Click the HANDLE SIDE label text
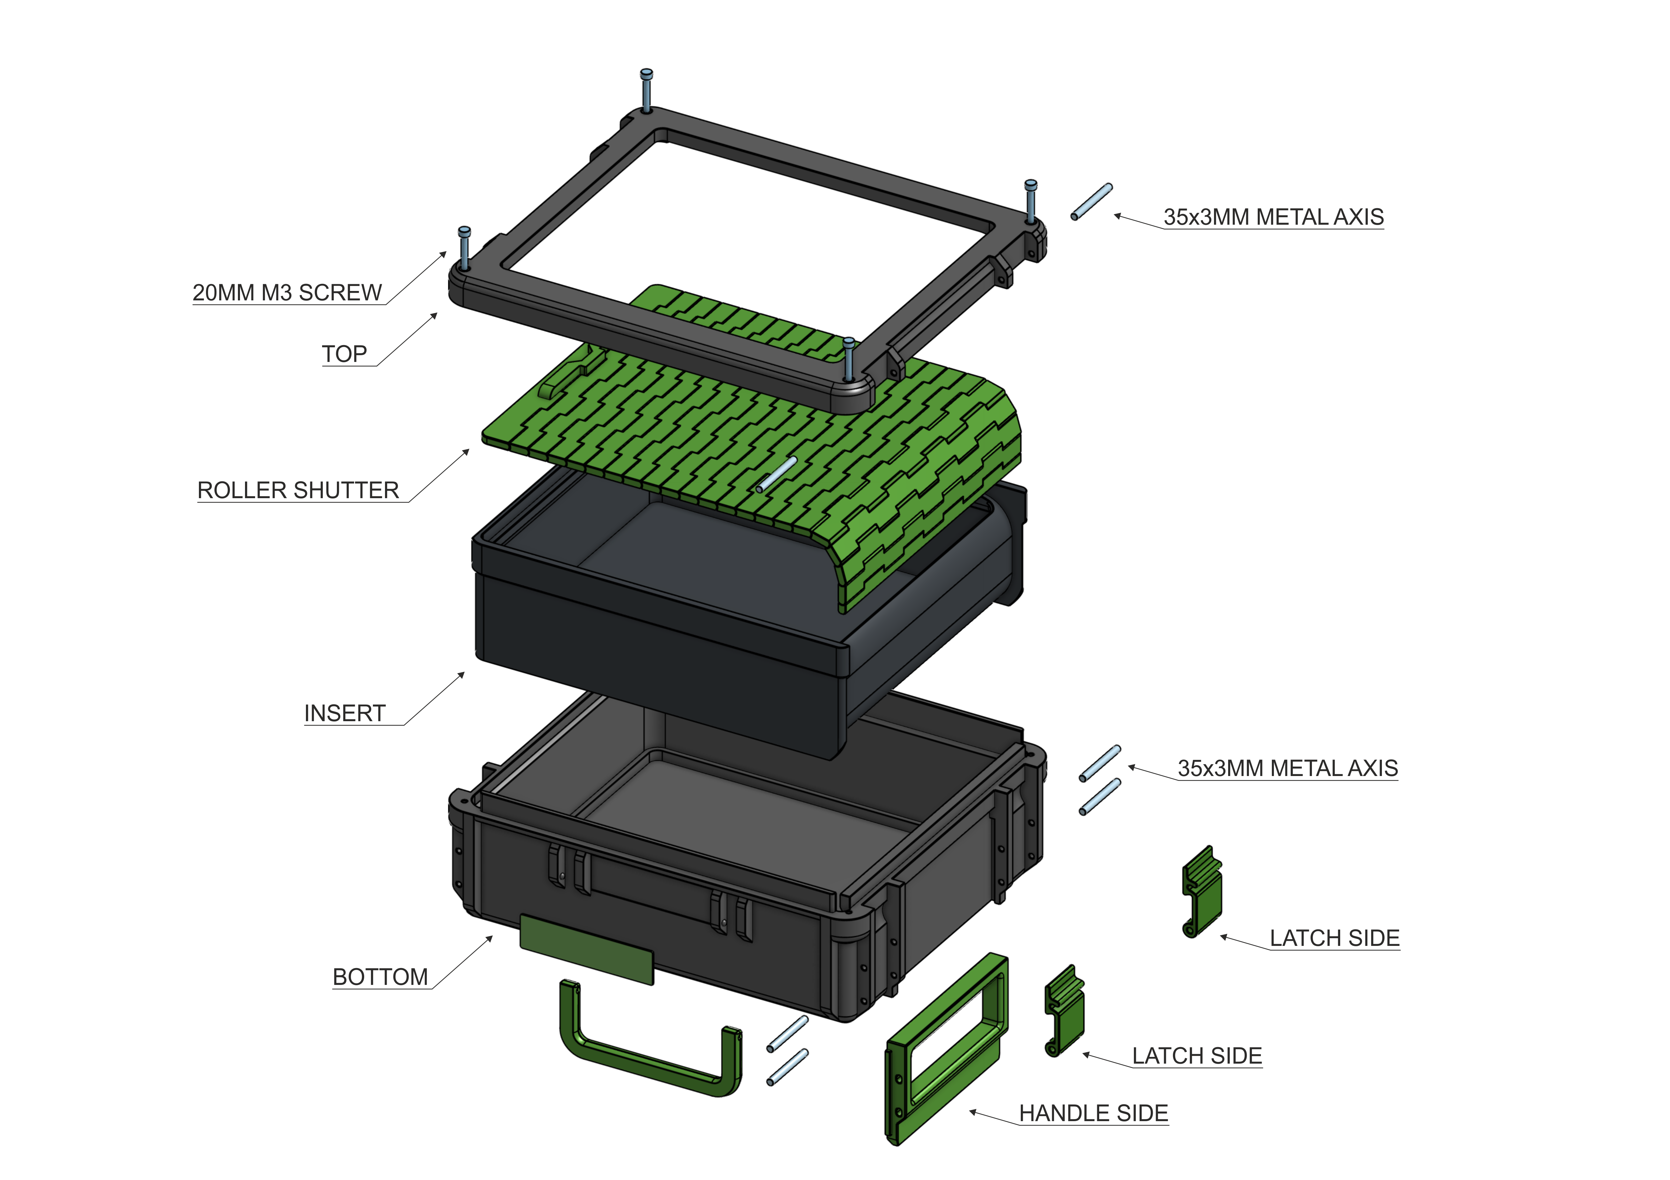[x=1093, y=1113]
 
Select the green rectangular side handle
[x=945, y=1047]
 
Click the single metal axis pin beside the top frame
[x=1091, y=201]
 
